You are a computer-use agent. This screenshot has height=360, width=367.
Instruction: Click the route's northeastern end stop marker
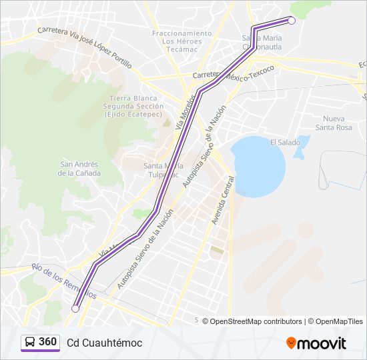pyautogui.click(x=292, y=21)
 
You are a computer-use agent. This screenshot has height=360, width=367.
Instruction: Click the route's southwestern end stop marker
pyautogui.click(x=75, y=308)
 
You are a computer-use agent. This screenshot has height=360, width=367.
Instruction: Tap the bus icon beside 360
pyautogui.click(x=30, y=343)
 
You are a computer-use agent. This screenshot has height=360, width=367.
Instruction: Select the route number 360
pyautogui.click(x=48, y=342)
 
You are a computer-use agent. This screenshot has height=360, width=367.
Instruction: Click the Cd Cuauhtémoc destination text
pyautogui.click(x=104, y=343)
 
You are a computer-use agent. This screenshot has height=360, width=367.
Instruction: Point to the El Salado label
pyautogui.click(x=286, y=142)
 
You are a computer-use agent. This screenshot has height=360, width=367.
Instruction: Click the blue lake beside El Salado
pyautogui.click(x=256, y=165)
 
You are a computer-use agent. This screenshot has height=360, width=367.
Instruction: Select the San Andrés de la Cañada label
pyautogui.click(x=79, y=169)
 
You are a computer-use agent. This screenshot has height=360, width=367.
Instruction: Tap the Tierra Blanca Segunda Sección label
pyautogui.click(x=133, y=106)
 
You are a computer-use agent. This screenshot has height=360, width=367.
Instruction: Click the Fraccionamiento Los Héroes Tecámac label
pyautogui.click(x=181, y=41)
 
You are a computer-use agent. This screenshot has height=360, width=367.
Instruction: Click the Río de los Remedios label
pyautogui.click(x=65, y=281)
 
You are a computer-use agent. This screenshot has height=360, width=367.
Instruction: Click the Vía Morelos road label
pyautogui.click(x=181, y=115)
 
